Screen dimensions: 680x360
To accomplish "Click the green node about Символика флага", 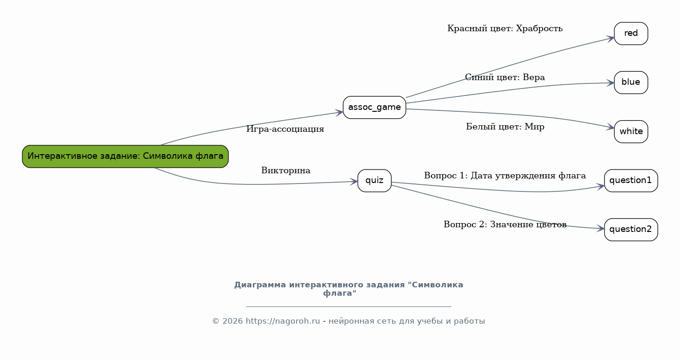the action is coord(125,156).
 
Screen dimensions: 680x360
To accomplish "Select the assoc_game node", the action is coord(374,108).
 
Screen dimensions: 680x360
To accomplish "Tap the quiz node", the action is coord(374,181).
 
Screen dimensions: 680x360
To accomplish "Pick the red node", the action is coord(631,34).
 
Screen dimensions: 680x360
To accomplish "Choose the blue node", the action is coord(631,82).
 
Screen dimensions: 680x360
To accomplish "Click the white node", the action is coord(631,131).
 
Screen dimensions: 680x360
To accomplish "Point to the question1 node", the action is coord(631,181).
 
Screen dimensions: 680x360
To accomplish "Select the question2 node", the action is coord(631,230).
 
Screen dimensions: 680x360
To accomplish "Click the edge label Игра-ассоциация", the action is coord(285,129).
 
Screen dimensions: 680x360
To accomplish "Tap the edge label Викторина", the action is coord(286,170).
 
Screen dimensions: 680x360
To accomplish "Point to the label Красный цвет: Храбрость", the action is coord(505,28).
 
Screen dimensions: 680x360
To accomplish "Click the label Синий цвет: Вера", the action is coord(505,77).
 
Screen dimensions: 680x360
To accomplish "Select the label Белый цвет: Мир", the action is coord(505,127).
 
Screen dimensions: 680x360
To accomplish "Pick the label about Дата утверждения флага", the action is coord(505,176).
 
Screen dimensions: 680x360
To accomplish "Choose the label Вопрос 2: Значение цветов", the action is coord(505,224).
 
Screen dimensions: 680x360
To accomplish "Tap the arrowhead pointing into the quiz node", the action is coord(354,182).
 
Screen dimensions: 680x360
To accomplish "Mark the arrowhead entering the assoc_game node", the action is coord(339,113).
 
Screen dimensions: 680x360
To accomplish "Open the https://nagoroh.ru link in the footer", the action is coord(283,321).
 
